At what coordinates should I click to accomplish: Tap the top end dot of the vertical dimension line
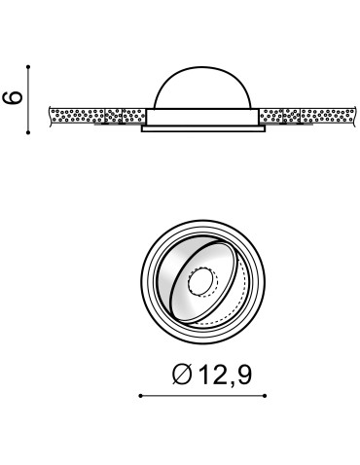point(29,67)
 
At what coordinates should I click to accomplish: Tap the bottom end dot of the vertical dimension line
point(29,129)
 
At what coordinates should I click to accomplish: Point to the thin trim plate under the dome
point(202,126)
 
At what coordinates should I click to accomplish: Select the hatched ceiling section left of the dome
point(97,116)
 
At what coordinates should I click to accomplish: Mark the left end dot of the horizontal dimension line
point(140,396)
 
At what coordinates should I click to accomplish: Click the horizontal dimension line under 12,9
point(202,396)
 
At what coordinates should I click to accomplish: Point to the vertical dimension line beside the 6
point(29,98)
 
